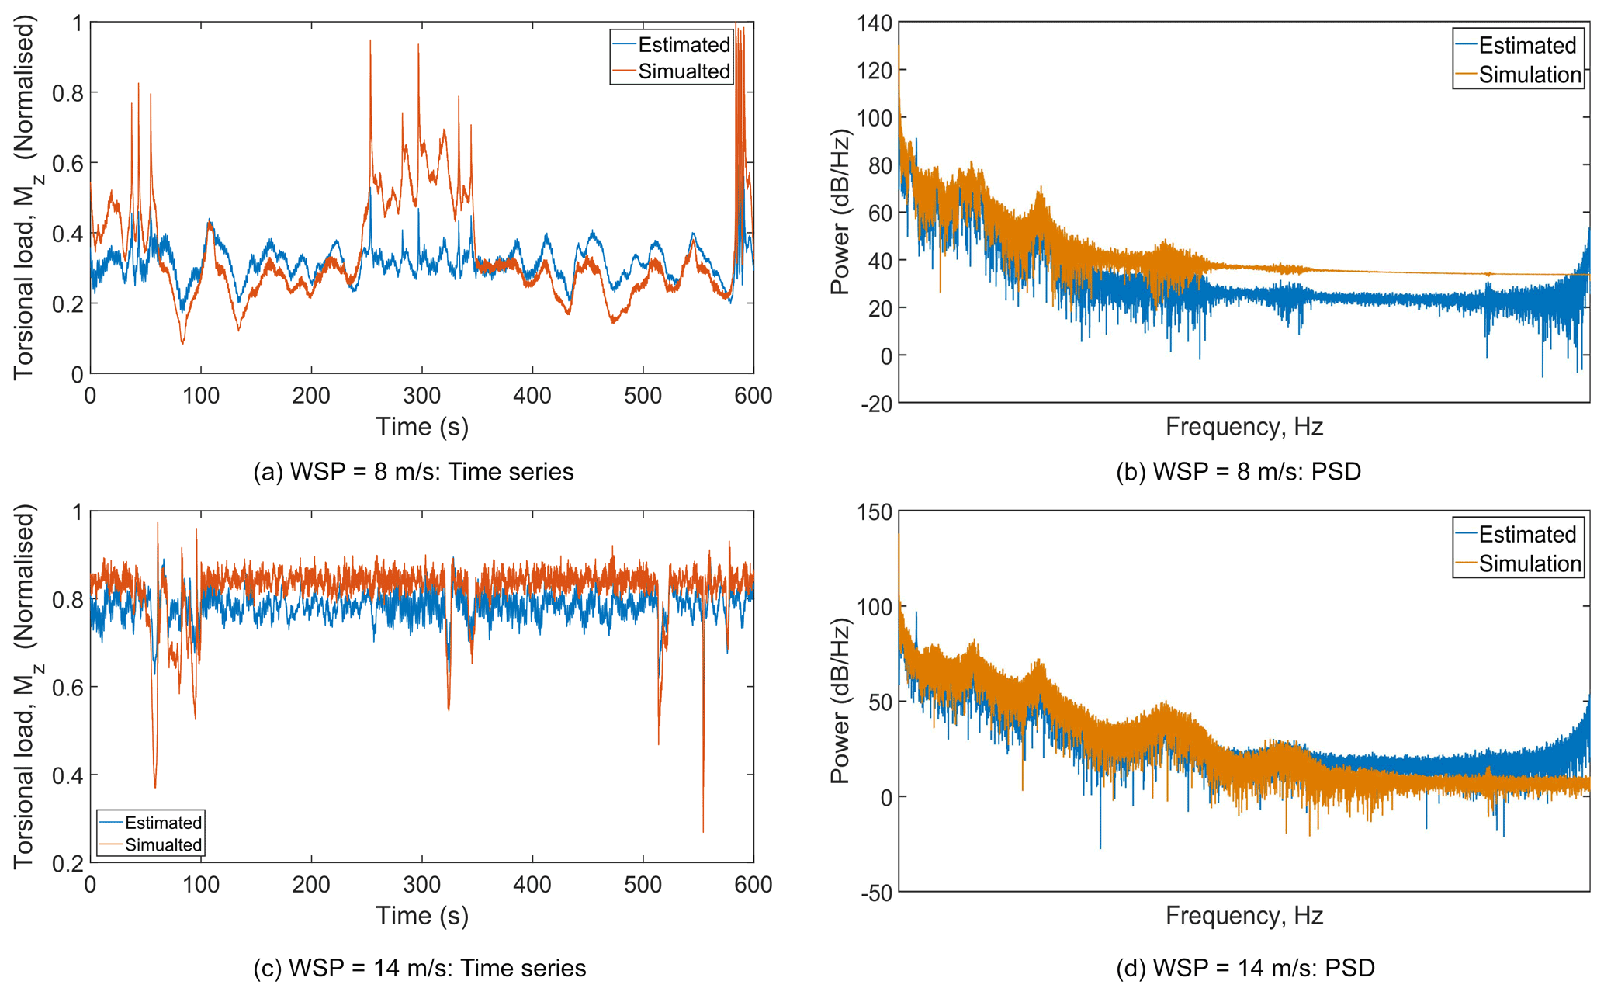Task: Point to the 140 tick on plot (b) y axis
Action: (875, 23)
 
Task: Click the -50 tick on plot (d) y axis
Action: (877, 893)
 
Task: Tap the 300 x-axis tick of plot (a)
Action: (421, 396)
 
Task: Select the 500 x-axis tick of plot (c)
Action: (643, 885)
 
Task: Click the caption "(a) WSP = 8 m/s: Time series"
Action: (414, 472)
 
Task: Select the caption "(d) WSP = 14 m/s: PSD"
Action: (1245, 968)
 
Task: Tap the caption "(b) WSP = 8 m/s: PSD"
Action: (1239, 472)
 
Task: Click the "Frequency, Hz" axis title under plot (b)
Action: (1244, 427)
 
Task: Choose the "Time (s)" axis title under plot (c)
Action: (422, 916)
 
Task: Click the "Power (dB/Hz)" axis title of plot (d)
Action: (841, 702)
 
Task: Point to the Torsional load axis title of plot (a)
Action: (26, 199)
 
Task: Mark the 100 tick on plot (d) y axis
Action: (875, 606)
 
